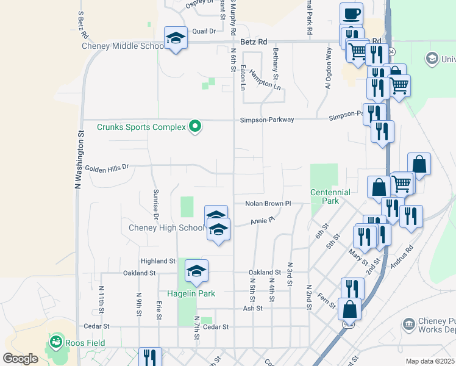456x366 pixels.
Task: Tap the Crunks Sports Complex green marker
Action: (x=196, y=127)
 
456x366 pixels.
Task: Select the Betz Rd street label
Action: (x=254, y=42)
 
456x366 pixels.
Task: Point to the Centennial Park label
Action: (x=330, y=196)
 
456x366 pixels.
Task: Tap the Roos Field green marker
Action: (x=57, y=341)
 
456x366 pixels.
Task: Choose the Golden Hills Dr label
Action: (x=107, y=167)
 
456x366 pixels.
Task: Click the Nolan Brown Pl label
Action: (x=268, y=203)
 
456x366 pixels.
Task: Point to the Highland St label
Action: (x=158, y=260)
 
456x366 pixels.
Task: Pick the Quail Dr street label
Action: (x=204, y=30)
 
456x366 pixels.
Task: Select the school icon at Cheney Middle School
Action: (x=176, y=38)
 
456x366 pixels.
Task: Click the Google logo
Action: (x=20, y=359)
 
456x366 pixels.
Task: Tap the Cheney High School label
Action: (x=166, y=228)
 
